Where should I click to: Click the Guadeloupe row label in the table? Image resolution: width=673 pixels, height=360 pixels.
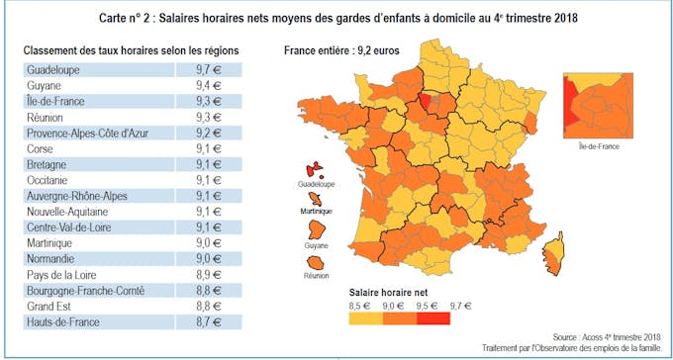click(55, 70)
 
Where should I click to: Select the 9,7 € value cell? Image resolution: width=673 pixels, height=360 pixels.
click(210, 70)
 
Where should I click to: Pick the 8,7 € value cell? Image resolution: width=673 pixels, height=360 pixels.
click(210, 322)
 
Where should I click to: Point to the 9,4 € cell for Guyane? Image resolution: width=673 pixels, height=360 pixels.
click(210, 86)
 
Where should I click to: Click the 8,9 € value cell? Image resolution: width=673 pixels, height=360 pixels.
click(210, 275)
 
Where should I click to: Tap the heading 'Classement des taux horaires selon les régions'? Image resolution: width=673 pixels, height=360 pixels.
click(131, 49)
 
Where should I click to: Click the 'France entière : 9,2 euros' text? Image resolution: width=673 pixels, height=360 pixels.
click(342, 49)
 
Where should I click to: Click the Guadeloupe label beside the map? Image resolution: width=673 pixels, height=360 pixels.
click(317, 185)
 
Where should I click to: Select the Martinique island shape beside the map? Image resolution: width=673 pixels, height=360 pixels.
click(316, 200)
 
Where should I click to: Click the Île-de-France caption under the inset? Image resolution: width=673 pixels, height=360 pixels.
click(598, 146)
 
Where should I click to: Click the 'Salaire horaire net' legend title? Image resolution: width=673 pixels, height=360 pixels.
click(387, 293)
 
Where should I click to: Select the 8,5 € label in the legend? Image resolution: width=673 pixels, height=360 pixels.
click(359, 306)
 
